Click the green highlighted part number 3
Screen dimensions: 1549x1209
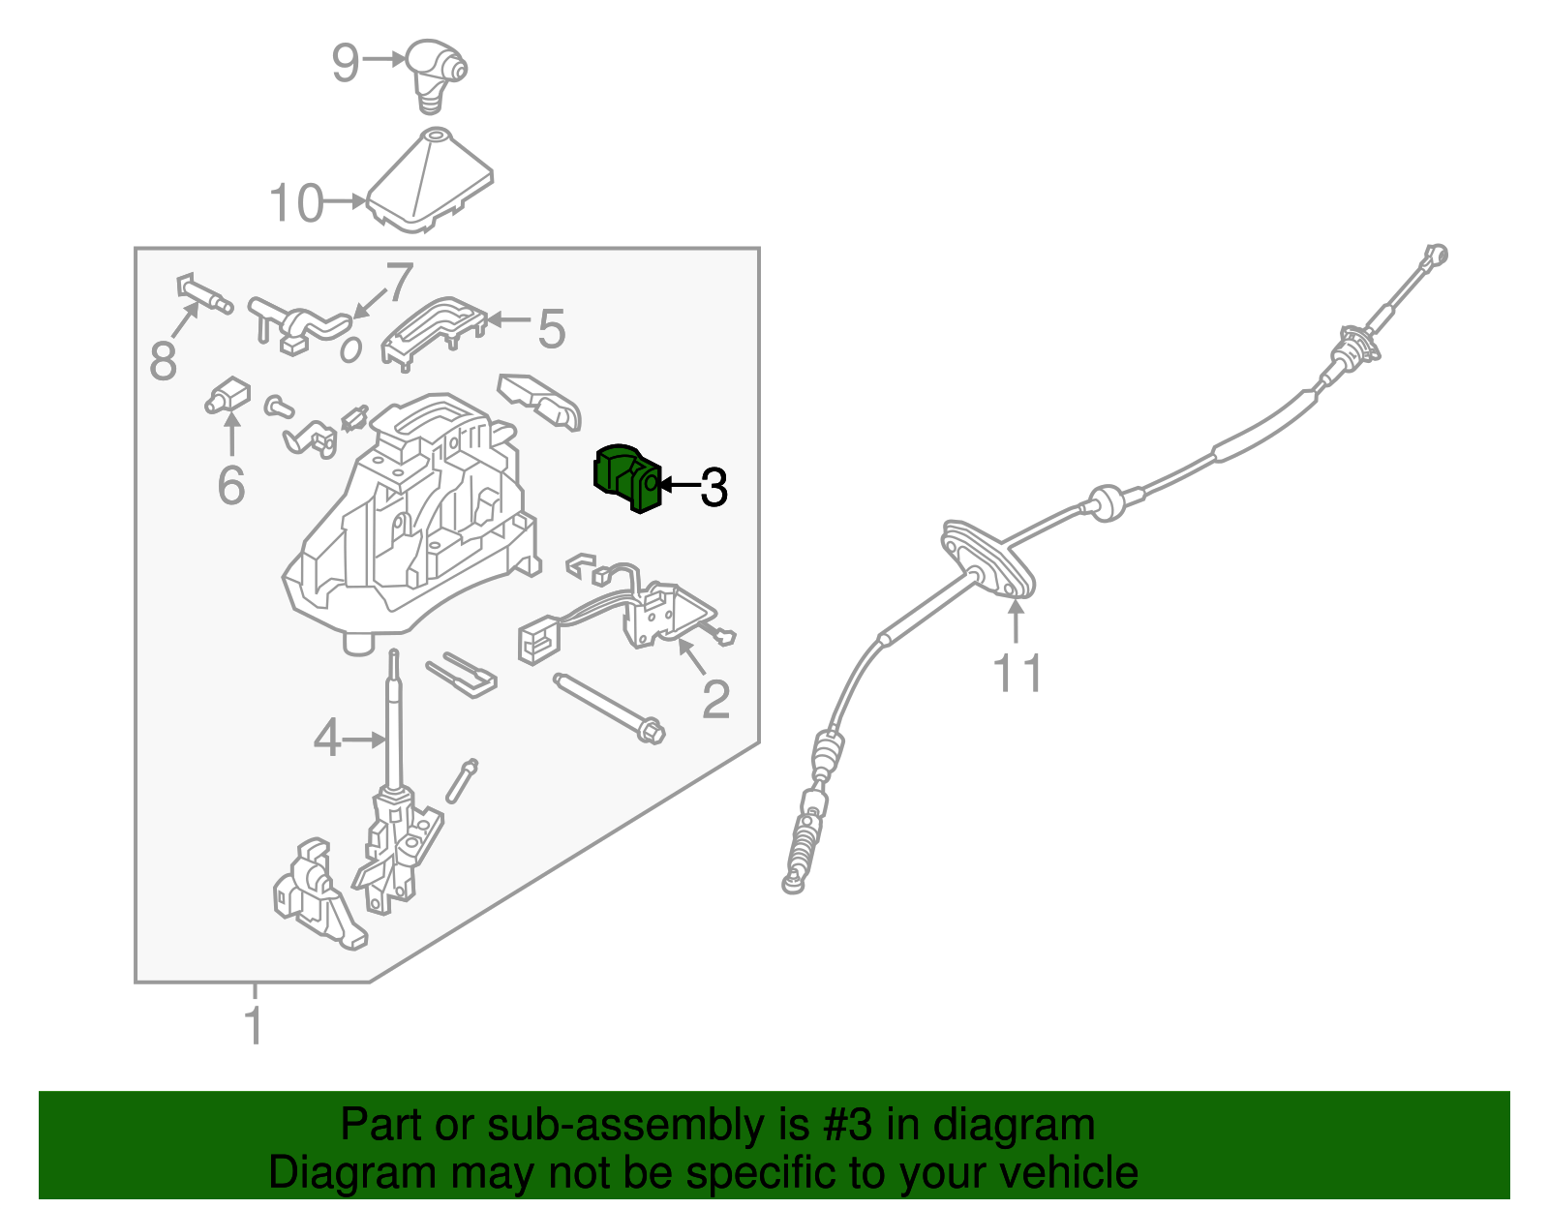pyautogui.click(x=626, y=478)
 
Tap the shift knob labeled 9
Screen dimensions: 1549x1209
pyautogui.click(x=437, y=75)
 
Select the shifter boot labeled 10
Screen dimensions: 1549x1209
pyautogui.click(x=430, y=181)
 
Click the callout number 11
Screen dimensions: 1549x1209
pyautogui.click(x=1017, y=673)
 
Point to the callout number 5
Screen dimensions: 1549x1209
pyautogui.click(x=552, y=329)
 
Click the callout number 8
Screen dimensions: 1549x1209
pyautogui.click(x=164, y=360)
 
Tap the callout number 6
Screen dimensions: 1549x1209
pyautogui.click(x=231, y=485)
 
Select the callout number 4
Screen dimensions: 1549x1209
pyautogui.click(x=327, y=739)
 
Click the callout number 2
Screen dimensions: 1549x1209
pyautogui.click(x=716, y=700)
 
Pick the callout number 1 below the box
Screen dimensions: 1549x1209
pyautogui.click(x=254, y=1025)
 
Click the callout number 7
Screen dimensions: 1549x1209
pyautogui.click(x=399, y=282)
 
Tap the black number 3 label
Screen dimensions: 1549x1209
pyautogui.click(x=714, y=488)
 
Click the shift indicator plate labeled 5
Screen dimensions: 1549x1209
pyautogui.click(x=434, y=332)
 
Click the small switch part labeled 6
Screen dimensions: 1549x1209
pyautogui.click(x=228, y=395)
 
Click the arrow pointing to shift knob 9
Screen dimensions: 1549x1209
pyautogui.click(x=384, y=59)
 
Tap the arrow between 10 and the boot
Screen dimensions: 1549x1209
pyautogui.click(x=345, y=201)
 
